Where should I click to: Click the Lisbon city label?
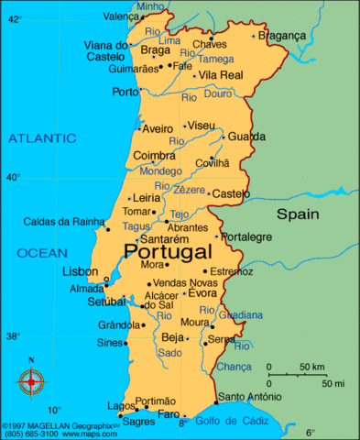point(80,272)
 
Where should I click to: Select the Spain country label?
point(299,214)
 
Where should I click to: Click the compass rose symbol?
point(32,379)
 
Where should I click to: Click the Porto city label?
point(125,92)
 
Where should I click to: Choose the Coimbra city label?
point(154,156)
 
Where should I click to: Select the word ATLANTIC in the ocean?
point(42,138)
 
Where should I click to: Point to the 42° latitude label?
point(13,17)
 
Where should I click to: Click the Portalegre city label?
point(246,236)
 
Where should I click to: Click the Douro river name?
point(218,94)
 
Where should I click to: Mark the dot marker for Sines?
point(125,343)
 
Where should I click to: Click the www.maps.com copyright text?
point(92,434)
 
